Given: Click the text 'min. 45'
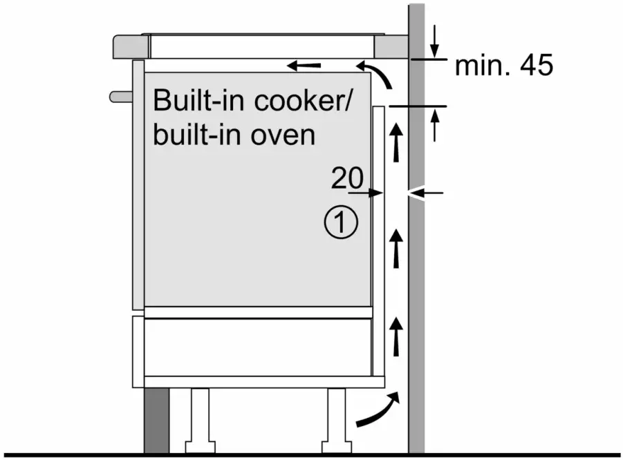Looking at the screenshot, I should [x=504, y=66].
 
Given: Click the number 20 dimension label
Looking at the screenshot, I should [x=346, y=179].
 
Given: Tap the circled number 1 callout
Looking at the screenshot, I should [x=340, y=224].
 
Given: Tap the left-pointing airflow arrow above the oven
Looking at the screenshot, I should [x=304, y=66].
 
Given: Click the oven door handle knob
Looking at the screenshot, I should [x=121, y=95].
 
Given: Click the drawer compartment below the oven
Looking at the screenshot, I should [x=257, y=345].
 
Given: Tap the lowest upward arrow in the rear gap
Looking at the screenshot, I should [x=396, y=336].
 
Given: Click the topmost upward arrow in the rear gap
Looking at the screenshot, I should [x=396, y=142].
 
